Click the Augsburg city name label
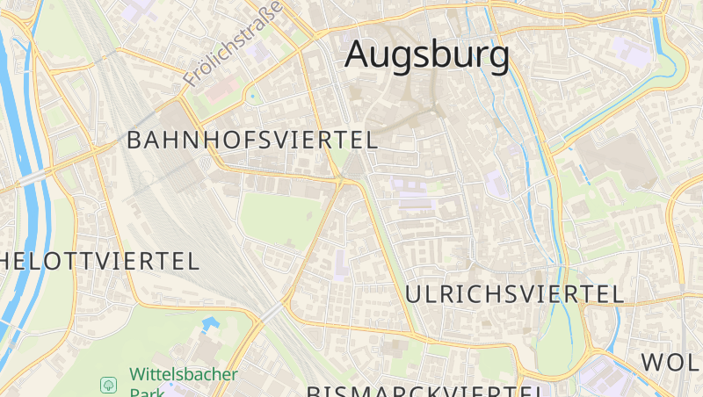point(427,54)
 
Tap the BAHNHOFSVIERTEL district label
point(252,140)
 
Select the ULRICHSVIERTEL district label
point(515,293)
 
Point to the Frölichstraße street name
point(233,44)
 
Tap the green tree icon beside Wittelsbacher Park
point(108,385)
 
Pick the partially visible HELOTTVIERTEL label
point(99,261)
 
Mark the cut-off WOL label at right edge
point(671,362)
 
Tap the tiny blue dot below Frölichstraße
point(252,95)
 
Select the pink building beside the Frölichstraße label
point(221,89)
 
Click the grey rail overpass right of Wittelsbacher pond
point(272,312)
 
